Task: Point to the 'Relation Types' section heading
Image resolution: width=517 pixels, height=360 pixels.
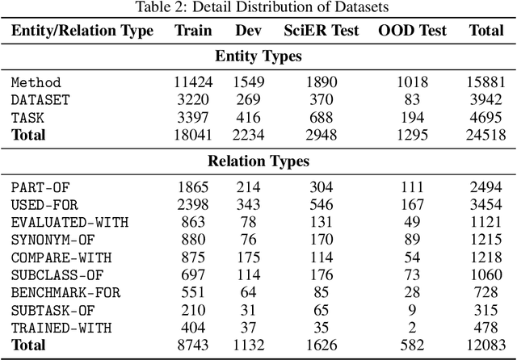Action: (x=258, y=161)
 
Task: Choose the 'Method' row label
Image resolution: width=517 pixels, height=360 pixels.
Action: (x=36, y=82)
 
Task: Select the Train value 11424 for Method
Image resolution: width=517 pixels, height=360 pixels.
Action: (x=193, y=82)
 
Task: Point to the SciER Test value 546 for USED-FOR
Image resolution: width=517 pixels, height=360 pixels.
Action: (x=321, y=205)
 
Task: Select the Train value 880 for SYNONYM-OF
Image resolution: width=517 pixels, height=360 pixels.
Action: (x=193, y=240)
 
